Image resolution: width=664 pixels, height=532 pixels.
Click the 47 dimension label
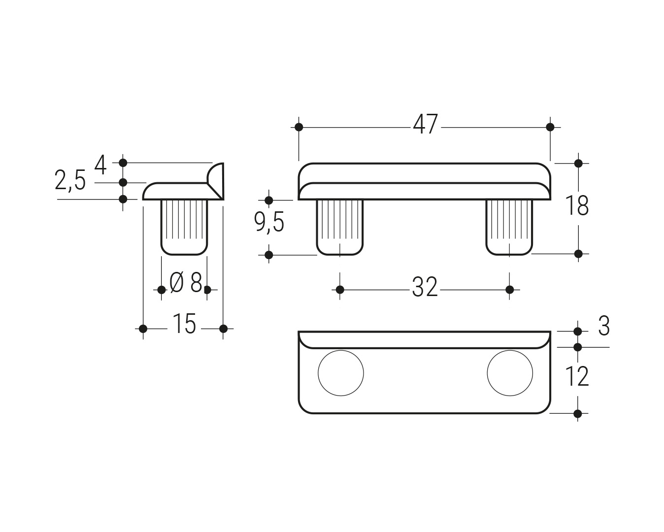click(x=425, y=124)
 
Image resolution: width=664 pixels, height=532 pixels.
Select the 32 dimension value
click(x=425, y=287)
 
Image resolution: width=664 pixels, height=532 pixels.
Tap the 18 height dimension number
click(x=577, y=206)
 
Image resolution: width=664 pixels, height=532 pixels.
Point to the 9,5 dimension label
click(x=269, y=222)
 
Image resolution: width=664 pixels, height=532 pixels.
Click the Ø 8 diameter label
click(x=186, y=282)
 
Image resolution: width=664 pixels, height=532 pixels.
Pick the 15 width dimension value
click(x=185, y=324)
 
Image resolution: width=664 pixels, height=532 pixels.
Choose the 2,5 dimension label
click(x=70, y=181)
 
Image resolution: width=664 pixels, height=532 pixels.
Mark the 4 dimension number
click(x=100, y=165)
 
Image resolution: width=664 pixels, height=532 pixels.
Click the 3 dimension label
click(x=604, y=326)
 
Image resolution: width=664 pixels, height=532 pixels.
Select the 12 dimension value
click(x=577, y=376)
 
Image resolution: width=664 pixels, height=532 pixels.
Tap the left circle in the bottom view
click(x=341, y=373)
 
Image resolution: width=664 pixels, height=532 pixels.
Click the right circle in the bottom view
click(x=510, y=373)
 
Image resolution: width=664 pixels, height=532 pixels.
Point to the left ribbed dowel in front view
click(x=340, y=228)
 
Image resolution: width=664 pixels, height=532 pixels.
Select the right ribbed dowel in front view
click(x=509, y=228)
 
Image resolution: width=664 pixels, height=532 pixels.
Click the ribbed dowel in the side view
click(x=184, y=228)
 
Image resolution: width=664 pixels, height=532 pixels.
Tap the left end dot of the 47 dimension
click(x=299, y=127)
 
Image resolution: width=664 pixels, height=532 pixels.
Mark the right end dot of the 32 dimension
click(x=510, y=290)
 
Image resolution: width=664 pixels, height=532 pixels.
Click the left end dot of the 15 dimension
click(x=143, y=329)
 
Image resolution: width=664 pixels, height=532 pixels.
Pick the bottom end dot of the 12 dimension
click(x=578, y=414)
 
